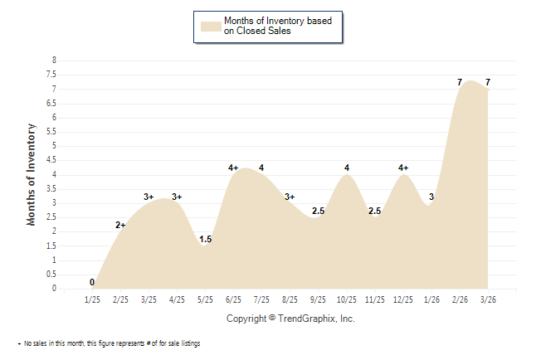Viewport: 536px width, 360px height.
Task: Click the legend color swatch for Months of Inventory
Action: (x=211, y=26)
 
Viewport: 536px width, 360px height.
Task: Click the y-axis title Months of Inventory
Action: (x=32, y=174)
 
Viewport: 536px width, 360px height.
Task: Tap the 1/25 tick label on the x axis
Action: (x=92, y=299)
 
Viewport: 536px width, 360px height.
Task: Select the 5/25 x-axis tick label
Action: (x=205, y=299)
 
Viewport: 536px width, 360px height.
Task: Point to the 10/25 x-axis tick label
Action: (x=347, y=299)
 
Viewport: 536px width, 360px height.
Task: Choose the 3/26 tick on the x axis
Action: (x=488, y=299)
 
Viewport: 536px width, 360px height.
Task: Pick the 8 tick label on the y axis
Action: (x=54, y=61)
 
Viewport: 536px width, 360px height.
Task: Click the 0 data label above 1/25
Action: (x=92, y=282)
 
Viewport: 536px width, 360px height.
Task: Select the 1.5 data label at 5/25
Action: (x=205, y=240)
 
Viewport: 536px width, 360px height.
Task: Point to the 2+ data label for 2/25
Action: (x=120, y=225)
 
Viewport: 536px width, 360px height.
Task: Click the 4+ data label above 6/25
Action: (x=233, y=168)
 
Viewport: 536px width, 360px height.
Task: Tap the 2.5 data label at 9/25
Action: (x=318, y=211)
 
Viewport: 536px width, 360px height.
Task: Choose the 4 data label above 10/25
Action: (x=347, y=168)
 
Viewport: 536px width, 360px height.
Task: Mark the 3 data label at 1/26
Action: (x=431, y=197)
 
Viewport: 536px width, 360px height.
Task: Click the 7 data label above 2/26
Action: (x=460, y=82)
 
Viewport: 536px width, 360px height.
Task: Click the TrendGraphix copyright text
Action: (x=290, y=319)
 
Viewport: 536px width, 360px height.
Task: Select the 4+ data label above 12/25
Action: (x=403, y=168)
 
